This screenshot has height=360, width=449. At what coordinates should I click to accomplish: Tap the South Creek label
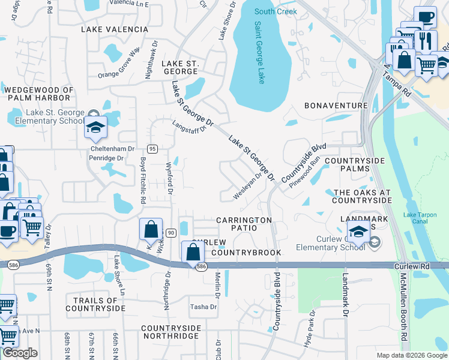point(276,11)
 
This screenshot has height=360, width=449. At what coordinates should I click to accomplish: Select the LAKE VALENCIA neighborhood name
point(115,29)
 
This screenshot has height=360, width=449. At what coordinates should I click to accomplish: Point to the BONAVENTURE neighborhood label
point(336,106)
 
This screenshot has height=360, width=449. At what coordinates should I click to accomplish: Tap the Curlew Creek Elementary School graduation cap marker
point(358,232)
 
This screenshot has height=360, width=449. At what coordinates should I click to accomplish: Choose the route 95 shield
point(152,148)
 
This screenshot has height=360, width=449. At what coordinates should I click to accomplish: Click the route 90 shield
point(170,232)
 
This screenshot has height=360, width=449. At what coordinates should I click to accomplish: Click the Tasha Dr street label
point(203,307)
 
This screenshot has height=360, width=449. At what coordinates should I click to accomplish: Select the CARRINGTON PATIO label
point(244,224)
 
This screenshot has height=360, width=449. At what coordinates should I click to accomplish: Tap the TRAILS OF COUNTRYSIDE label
point(95,304)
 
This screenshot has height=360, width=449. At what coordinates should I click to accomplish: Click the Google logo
point(20,353)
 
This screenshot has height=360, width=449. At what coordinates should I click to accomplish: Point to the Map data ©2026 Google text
point(411,355)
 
